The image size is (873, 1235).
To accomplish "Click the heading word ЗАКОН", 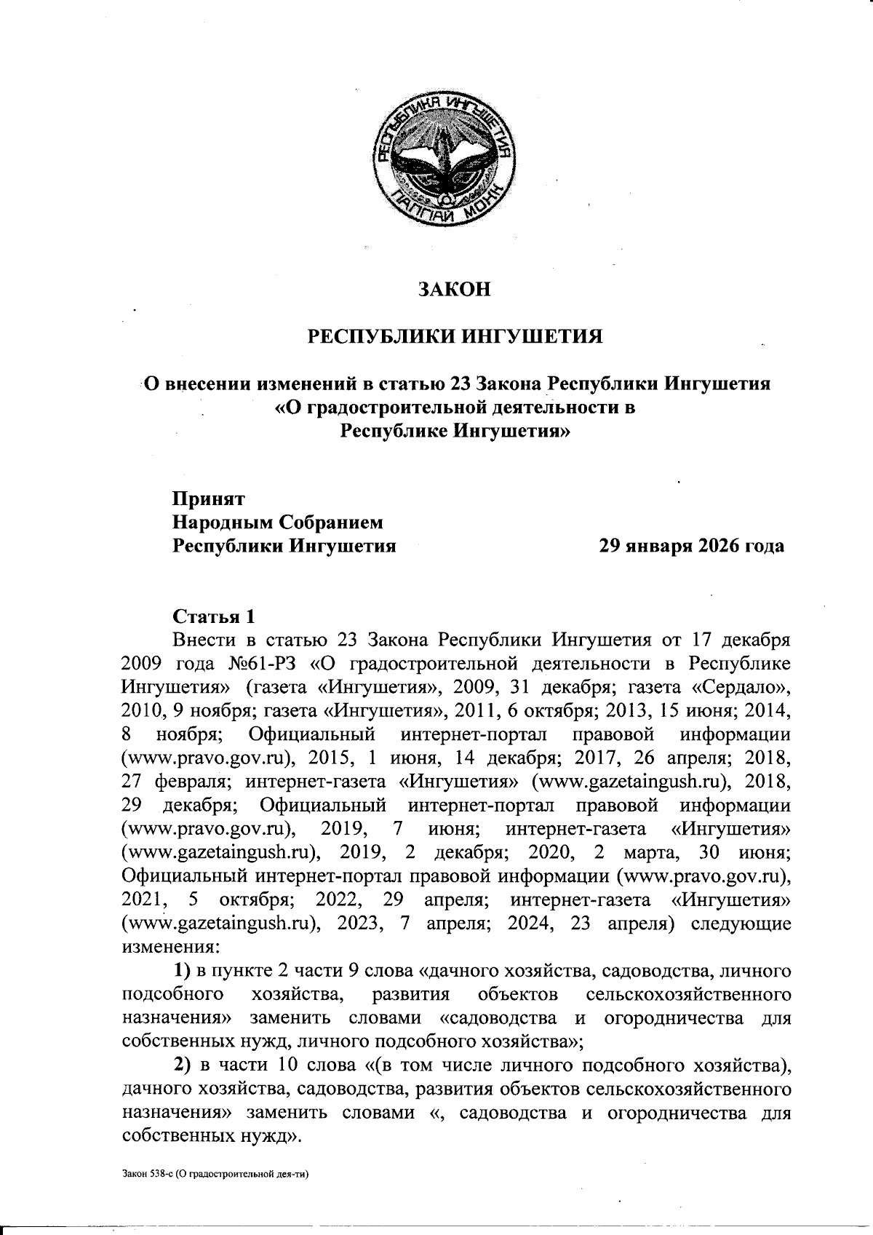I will [x=454, y=290].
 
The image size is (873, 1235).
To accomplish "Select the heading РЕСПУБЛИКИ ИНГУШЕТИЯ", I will [x=455, y=337].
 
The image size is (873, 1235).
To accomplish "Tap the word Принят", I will [x=209, y=499].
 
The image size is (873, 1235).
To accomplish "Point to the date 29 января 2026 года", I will [x=690, y=546].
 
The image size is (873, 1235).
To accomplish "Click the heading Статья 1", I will [x=214, y=616].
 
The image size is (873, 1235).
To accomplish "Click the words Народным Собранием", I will [x=277, y=523].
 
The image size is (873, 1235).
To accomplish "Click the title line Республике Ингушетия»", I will [x=456, y=430].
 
